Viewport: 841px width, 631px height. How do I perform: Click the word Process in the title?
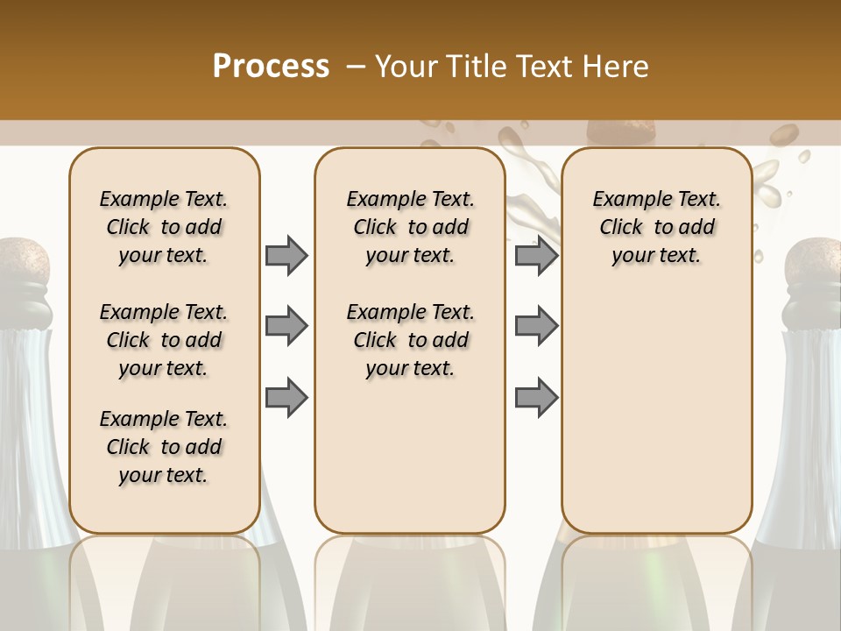tap(271, 67)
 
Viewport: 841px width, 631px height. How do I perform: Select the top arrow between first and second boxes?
tap(286, 255)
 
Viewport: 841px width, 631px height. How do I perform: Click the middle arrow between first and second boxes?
tap(286, 326)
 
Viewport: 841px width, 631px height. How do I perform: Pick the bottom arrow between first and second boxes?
tap(286, 398)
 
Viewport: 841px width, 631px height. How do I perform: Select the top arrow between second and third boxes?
tap(536, 255)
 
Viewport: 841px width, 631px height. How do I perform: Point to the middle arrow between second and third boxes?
tap(536, 326)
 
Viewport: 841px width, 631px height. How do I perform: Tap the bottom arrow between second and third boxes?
tap(536, 398)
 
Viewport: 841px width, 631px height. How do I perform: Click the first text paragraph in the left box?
tap(164, 227)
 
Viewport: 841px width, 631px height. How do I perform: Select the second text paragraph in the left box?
tap(164, 340)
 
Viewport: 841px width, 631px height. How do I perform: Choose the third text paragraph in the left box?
tap(164, 447)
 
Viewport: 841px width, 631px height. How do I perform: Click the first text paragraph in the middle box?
tap(410, 227)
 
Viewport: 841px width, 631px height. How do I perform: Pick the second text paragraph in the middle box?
tap(410, 340)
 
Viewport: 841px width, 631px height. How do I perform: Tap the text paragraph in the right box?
tap(656, 227)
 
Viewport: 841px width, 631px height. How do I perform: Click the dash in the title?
tap(356, 67)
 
